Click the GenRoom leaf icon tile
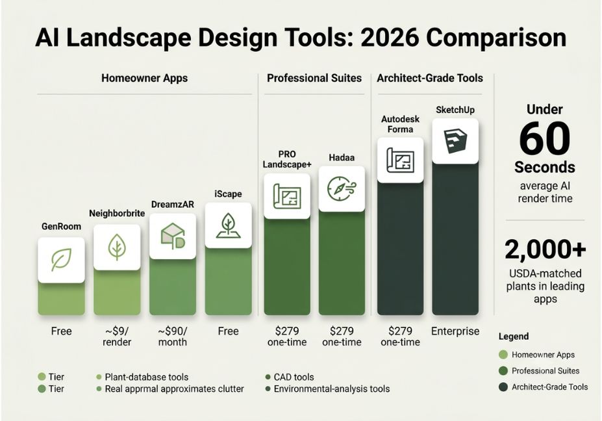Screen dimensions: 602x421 pos(62,260)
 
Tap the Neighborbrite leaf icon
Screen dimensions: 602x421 pos(117,247)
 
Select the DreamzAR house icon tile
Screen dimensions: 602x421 pos(173,236)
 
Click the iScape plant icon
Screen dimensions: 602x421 pos(229,225)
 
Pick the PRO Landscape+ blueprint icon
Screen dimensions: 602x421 pos(287,196)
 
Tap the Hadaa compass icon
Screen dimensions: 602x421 pos(342,188)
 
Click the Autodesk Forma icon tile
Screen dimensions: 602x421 pos(401,160)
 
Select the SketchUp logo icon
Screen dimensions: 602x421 pos(455,141)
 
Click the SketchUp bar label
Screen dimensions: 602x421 pos(455,110)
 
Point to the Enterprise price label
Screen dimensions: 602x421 pos(455,331)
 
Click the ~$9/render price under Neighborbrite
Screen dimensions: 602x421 pos(117,337)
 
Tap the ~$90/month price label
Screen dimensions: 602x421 pos(173,337)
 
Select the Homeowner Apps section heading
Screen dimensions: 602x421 pos(145,79)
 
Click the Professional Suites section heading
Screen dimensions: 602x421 pos(314,79)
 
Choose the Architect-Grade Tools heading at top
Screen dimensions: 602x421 pos(430,79)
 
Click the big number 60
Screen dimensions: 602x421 pos(545,138)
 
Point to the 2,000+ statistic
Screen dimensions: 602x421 pos(546,249)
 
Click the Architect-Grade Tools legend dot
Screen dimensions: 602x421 pos(503,387)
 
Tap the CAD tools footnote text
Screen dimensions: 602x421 pos(294,377)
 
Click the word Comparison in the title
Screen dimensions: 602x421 pos(496,38)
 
